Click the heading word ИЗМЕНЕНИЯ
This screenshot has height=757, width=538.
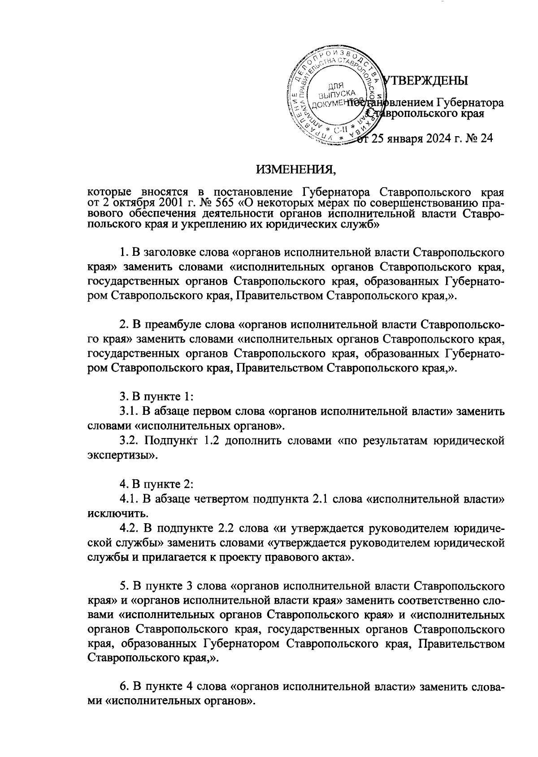[295, 170]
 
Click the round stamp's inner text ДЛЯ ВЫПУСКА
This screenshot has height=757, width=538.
[334, 91]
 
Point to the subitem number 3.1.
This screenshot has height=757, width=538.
[128, 410]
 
